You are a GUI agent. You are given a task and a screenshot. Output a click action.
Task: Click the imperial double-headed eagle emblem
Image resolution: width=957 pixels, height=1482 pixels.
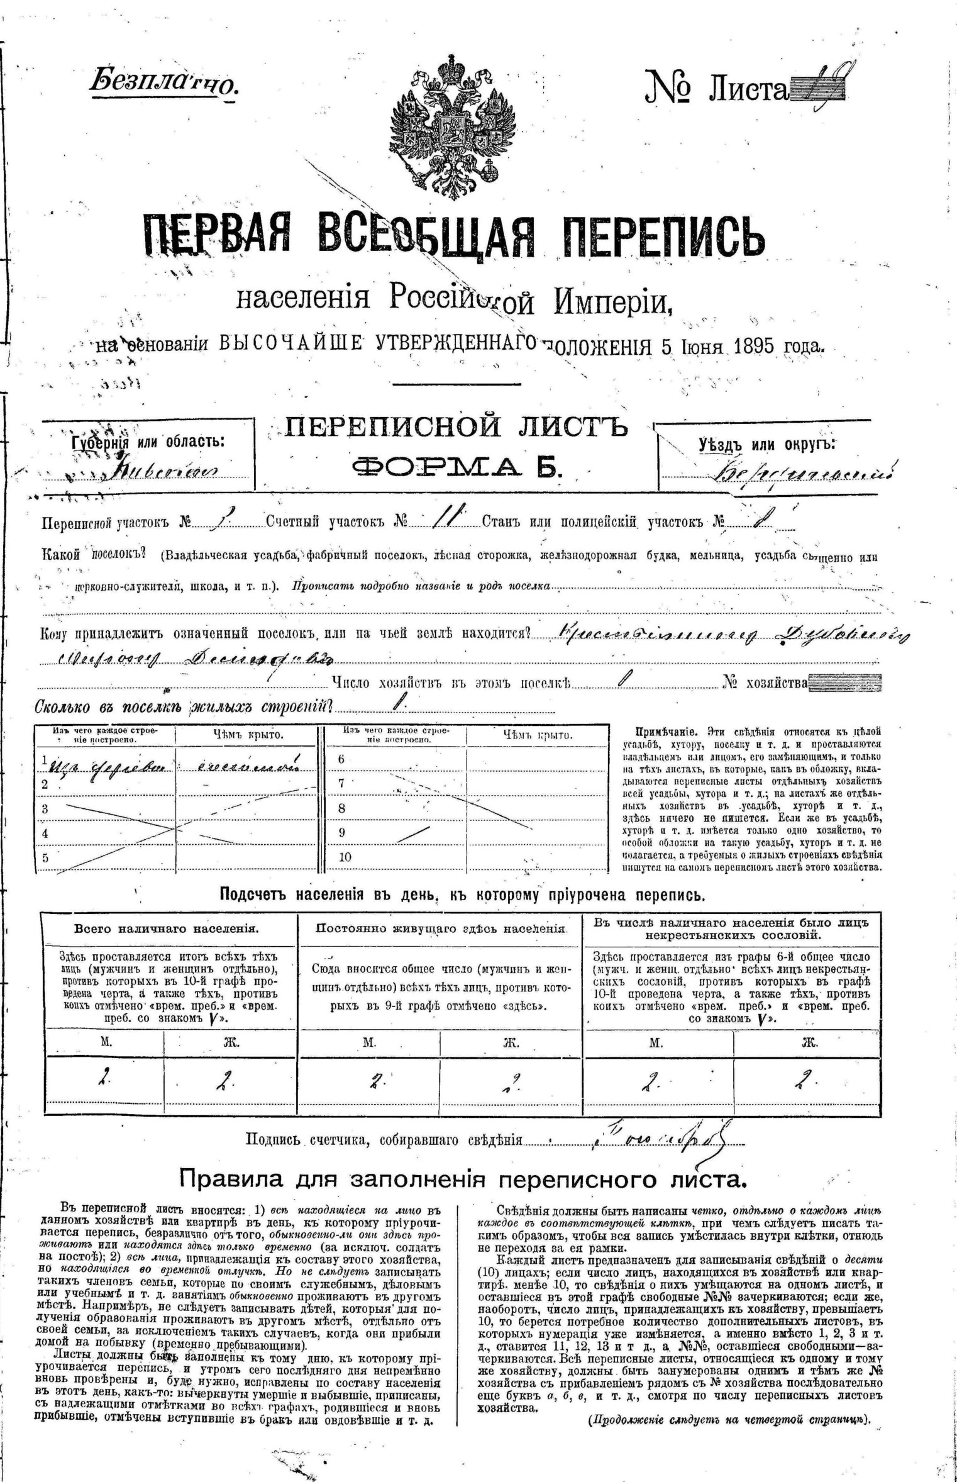(450, 126)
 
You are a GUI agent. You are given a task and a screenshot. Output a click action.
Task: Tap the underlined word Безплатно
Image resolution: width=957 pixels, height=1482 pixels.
(164, 82)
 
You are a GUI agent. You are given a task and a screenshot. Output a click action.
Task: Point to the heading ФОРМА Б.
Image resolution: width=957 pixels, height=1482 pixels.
(456, 466)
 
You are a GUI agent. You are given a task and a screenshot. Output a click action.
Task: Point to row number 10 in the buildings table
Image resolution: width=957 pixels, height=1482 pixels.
(345, 857)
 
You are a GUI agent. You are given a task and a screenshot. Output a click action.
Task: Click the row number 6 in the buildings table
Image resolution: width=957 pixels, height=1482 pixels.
(341, 759)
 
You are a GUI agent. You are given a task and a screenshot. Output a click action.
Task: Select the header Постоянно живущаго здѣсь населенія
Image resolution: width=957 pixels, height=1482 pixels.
(440, 929)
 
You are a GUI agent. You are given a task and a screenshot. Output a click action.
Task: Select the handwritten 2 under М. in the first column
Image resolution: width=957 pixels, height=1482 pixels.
(102, 1079)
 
